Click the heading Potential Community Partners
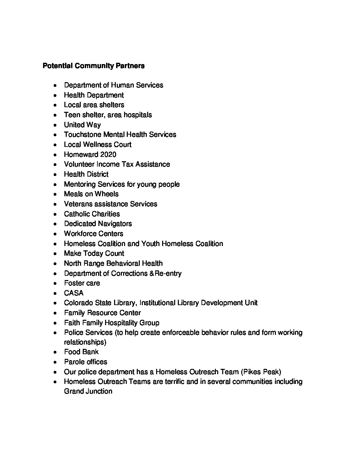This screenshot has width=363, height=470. tap(93, 66)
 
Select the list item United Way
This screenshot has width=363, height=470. tap(82, 125)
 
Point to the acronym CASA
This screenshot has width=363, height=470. tap(74, 293)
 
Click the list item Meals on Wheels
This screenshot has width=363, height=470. tap(91, 194)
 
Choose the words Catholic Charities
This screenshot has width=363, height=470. tap(92, 214)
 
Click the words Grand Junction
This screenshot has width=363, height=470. tap(88, 391)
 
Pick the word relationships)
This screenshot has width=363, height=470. tap(85, 342)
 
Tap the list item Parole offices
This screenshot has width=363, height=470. tap(85, 362)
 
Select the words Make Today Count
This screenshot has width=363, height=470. tap(94, 253)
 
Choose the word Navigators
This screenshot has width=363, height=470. tap(114, 224)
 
